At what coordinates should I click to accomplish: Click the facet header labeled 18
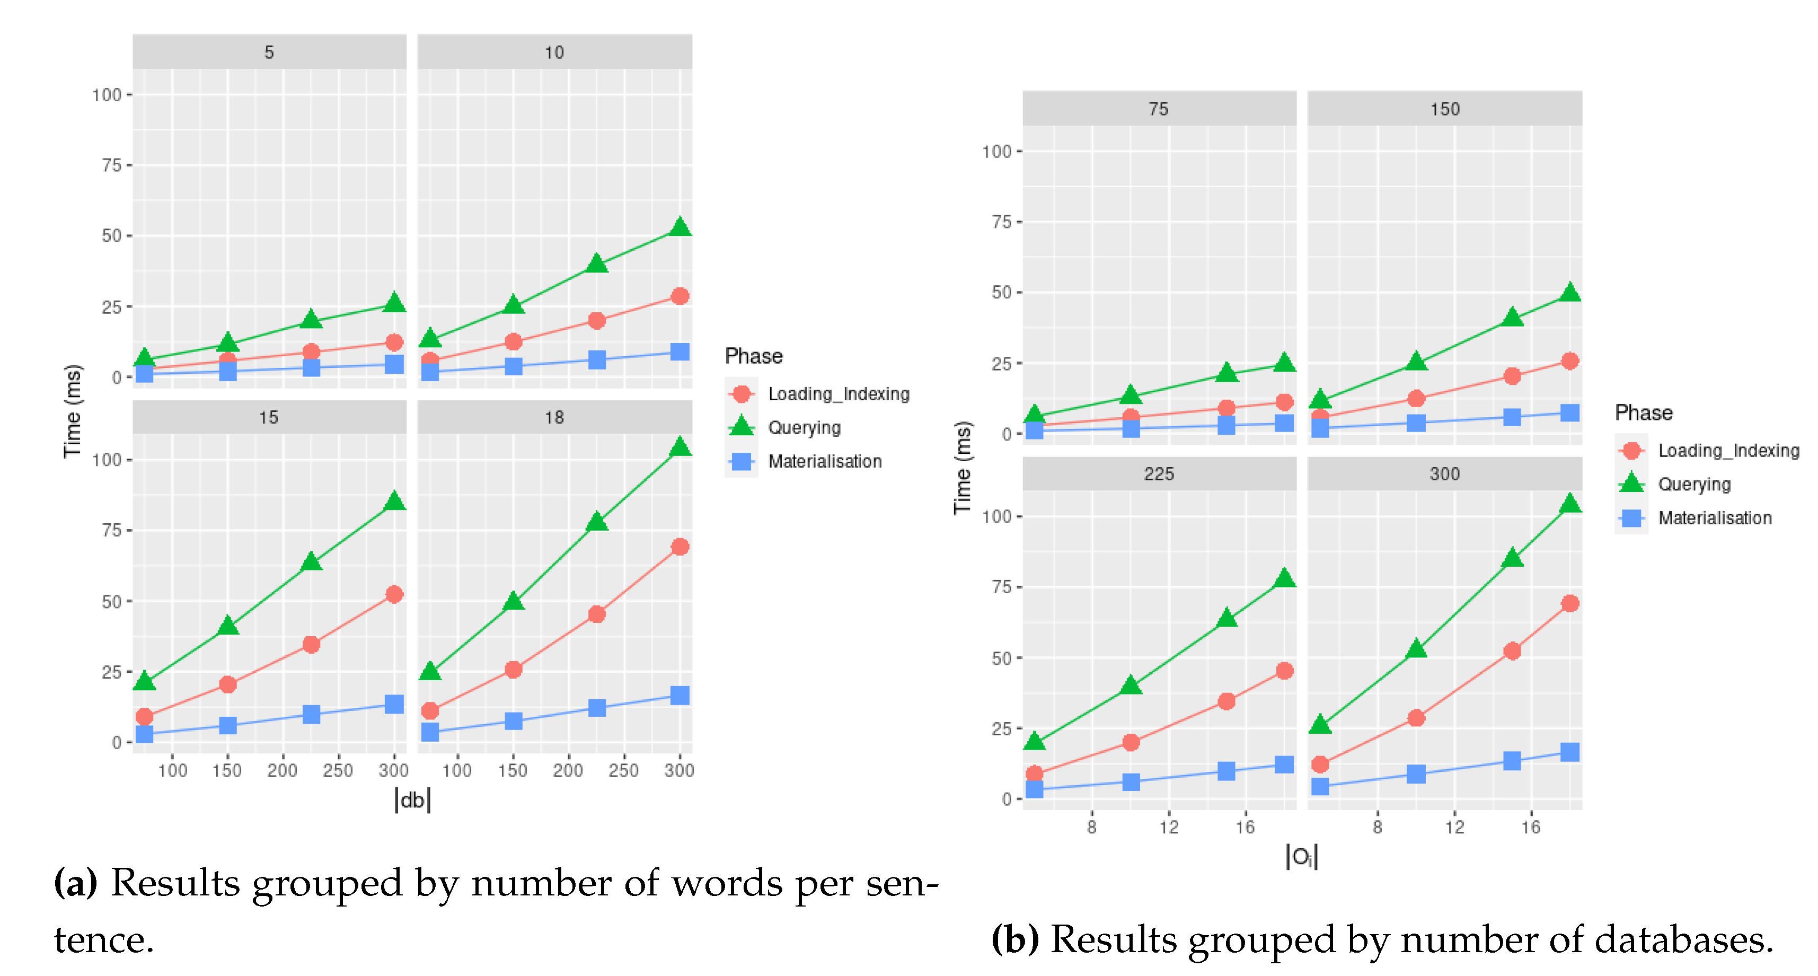tap(554, 417)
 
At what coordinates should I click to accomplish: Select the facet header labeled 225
tap(1159, 473)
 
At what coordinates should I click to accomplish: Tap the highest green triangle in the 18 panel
tap(679, 447)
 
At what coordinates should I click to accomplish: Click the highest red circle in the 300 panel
tap(1569, 603)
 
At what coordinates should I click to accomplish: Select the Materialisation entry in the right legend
tap(1714, 518)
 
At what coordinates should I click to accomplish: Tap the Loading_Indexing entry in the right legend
tap(1728, 450)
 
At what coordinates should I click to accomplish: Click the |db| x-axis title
tap(412, 799)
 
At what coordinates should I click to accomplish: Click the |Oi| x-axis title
tap(1301, 856)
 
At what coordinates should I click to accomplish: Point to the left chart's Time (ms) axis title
tap(73, 411)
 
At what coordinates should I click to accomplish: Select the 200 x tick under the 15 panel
tap(283, 770)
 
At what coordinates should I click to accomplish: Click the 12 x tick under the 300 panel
tap(1454, 826)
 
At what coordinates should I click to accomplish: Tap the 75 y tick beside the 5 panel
tap(111, 165)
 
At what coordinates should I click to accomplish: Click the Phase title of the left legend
tap(753, 356)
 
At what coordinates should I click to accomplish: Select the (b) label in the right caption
tap(1015, 939)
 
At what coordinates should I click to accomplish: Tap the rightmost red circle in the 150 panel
tap(1569, 360)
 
